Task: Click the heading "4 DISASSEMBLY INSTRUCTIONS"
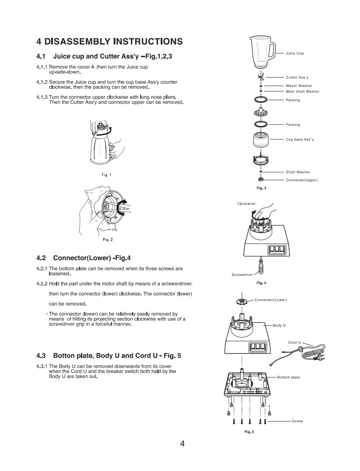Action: click(110, 41)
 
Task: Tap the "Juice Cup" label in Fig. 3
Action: click(295, 53)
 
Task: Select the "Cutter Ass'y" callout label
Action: click(297, 77)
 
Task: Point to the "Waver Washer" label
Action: click(299, 86)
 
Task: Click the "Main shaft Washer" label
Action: click(303, 92)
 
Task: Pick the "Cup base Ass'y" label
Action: click(300, 139)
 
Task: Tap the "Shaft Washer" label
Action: click(298, 172)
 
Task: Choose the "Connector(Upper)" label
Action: click(302, 180)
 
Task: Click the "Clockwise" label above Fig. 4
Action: click(246, 204)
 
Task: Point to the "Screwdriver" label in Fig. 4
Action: click(243, 275)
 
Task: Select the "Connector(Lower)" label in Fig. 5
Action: click(271, 300)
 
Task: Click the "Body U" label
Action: click(279, 325)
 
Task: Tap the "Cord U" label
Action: click(295, 343)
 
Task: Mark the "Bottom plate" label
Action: click(289, 377)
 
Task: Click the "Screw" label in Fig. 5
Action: click(297, 421)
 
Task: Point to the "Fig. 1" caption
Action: click(107, 175)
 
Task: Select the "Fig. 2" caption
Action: click(108, 240)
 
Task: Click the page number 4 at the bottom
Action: click(182, 444)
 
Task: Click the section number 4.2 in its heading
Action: click(42, 257)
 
